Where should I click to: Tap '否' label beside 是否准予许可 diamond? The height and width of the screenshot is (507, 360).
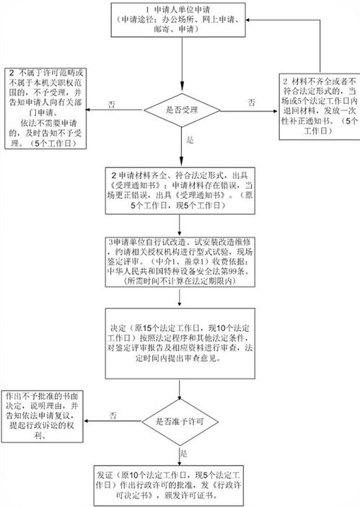113,415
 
